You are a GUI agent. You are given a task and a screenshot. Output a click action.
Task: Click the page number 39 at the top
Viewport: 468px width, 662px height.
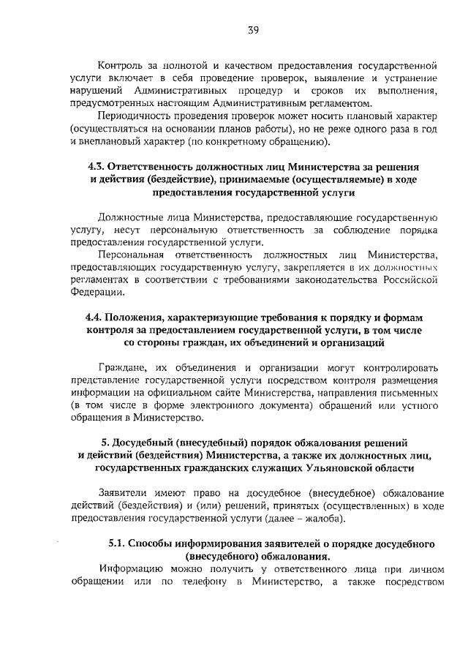click(253, 30)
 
